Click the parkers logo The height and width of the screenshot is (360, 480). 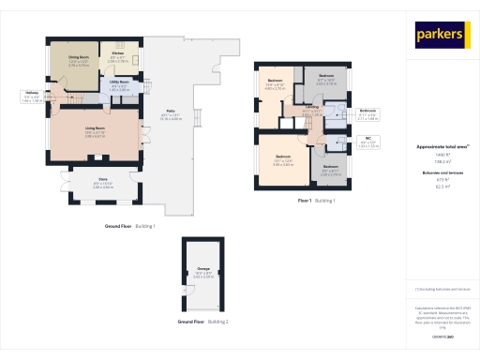tap(442, 35)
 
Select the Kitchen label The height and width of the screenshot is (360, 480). tap(119, 53)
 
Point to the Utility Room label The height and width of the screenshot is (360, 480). tap(119, 82)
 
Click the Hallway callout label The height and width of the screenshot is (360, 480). tap(30, 93)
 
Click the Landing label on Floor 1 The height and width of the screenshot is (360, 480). tap(310, 108)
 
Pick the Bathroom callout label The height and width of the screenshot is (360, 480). tap(367, 112)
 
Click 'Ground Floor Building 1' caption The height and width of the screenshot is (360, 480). tap(129, 227)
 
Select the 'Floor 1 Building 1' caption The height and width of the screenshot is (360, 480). tap(316, 201)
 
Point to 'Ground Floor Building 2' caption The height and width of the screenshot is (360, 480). tap(203, 322)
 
